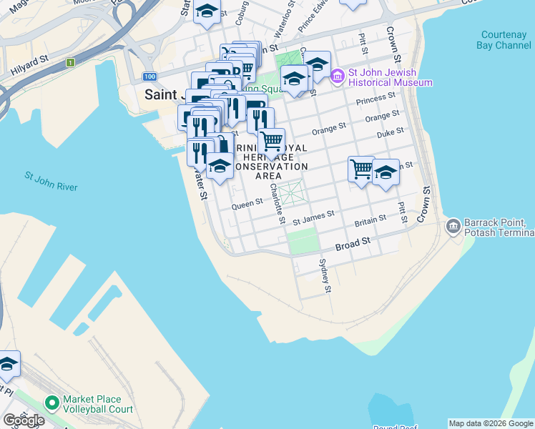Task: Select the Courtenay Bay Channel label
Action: coord(505,40)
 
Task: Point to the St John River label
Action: coord(51,182)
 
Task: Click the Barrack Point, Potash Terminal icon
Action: coord(453,227)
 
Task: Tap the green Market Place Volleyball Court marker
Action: coord(51,405)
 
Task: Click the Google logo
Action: coord(24,420)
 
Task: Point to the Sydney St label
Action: coord(326,276)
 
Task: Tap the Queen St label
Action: coord(247,203)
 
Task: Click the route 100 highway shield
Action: coord(149,77)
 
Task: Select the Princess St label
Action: coord(381,97)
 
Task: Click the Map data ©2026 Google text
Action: coord(491,423)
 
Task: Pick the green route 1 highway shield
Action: coord(70,63)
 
